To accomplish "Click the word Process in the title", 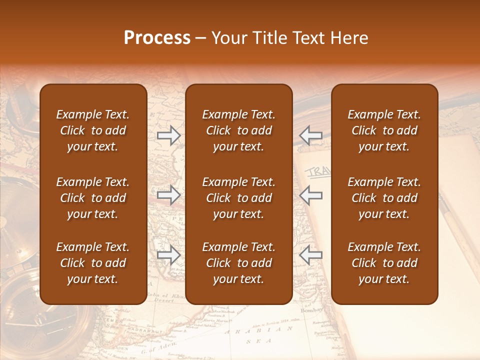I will [157, 38].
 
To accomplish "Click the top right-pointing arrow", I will [169, 135].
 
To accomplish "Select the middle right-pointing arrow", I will [169, 195].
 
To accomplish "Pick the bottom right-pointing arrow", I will [169, 255].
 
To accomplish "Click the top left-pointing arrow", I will [310, 135].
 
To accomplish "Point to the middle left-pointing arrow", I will [310, 195].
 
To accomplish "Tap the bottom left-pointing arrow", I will [310, 255].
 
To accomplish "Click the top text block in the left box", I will [93, 130].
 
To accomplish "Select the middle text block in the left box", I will [93, 198].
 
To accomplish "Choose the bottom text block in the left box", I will [93, 263].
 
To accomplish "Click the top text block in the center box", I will [238, 130].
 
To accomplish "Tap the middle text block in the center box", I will [238, 198].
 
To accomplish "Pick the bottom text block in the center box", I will [238, 263].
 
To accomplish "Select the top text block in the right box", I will [384, 130].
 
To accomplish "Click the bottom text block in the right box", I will [384, 263].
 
